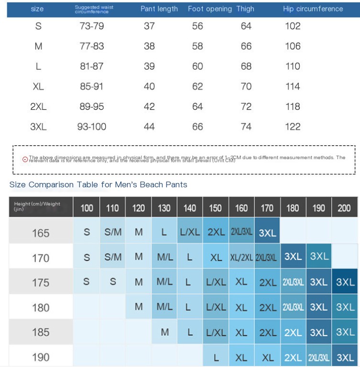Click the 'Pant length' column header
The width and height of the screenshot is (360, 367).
point(159,9)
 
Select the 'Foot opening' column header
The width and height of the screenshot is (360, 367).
point(209,9)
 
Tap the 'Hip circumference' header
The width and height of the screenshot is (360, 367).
point(313,9)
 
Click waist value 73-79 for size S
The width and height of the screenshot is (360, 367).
point(91,26)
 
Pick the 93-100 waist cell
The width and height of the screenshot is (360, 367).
point(91,127)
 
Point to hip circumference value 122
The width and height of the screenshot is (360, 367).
point(293,127)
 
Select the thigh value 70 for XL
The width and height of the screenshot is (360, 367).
point(246,86)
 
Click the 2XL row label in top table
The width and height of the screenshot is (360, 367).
point(38,107)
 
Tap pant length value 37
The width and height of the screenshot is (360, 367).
point(149,26)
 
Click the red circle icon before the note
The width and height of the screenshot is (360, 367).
point(25,159)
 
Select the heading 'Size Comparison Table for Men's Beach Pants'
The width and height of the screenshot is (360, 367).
point(98,184)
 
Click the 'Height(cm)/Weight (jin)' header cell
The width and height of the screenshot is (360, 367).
point(40,206)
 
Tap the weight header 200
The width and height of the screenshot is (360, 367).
point(344,208)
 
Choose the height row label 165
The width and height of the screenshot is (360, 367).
point(41,233)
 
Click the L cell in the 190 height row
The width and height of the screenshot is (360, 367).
point(216,357)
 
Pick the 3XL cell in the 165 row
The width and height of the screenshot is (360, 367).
point(267,233)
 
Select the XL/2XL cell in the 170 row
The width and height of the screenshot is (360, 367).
point(241,258)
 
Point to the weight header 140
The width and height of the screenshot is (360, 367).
point(190,208)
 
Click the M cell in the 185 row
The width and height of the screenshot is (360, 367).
point(164,332)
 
